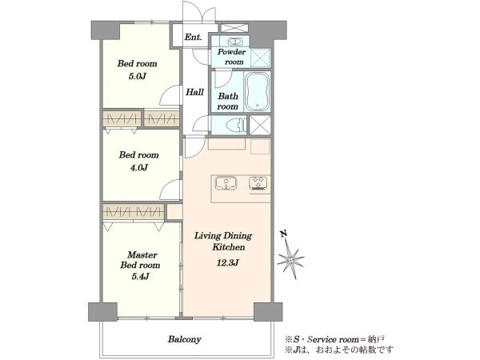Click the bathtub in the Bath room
pos(257,91)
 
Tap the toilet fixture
pos(236,125)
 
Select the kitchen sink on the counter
pos(226,183)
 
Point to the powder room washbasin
pos(235,42)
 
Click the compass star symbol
pos(290,259)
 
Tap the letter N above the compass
pos(284,234)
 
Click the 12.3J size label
pos(227,262)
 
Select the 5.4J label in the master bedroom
pos(140,277)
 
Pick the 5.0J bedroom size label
pos(137,76)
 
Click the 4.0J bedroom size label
pos(138,167)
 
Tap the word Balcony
pos(184,339)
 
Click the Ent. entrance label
pos(193,38)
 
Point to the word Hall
pos(194,92)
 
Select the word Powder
pos(232,52)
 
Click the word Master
pos(142,254)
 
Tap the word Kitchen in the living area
pos(229,247)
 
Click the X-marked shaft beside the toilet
pos(260,125)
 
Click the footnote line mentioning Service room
pos(334,339)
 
